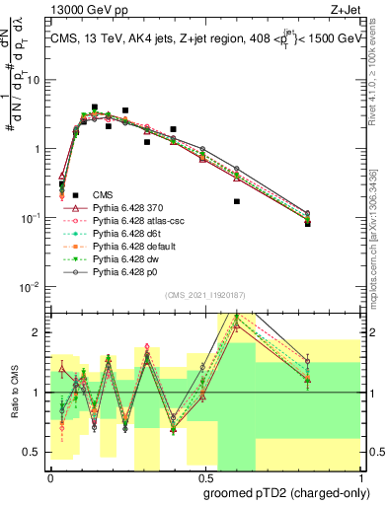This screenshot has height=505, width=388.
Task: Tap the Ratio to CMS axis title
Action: point(13,393)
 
